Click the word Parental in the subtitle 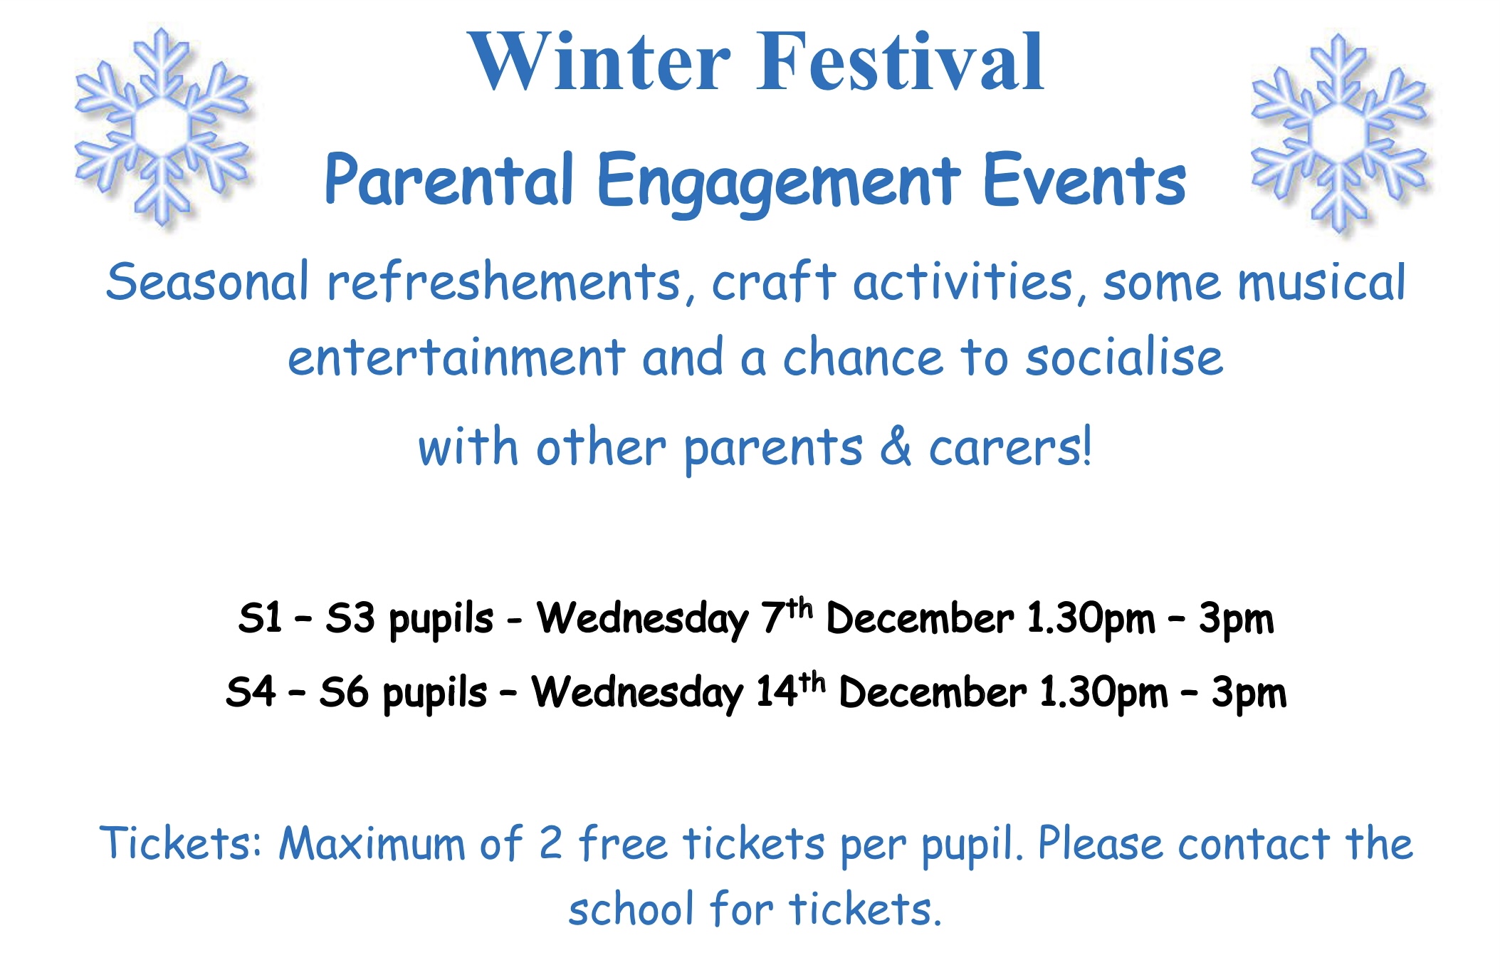[x=449, y=179]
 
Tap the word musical [x=1321, y=282]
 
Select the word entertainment [x=457, y=357]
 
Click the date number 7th [x=787, y=616]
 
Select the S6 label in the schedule [x=344, y=692]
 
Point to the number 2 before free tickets [x=550, y=843]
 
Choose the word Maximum [x=371, y=843]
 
